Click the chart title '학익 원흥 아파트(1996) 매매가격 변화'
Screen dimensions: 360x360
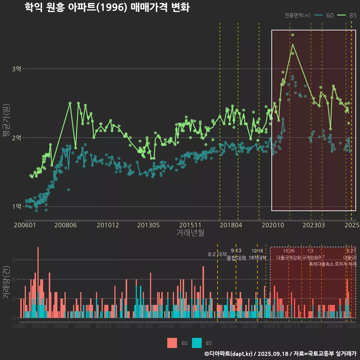tap(107, 7)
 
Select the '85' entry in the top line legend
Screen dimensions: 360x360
tap(353, 15)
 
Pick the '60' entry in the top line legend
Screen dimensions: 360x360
tap(330, 15)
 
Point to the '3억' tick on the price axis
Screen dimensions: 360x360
tap(17, 69)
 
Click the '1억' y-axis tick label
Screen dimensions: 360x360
tap(17, 207)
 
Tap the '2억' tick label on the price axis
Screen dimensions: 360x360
tap(17, 138)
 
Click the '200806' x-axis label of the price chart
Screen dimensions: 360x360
tap(66, 225)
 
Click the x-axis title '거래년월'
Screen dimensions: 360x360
tap(190, 233)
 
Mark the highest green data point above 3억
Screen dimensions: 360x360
tap(292, 35)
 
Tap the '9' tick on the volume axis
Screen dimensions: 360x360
tap(14, 260)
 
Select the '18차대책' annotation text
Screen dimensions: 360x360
tap(257, 258)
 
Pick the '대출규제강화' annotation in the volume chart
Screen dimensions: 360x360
tap(289, 258)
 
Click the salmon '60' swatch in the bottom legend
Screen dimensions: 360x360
tap(172, 343)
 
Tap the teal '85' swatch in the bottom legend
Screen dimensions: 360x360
tap(196, 343)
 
